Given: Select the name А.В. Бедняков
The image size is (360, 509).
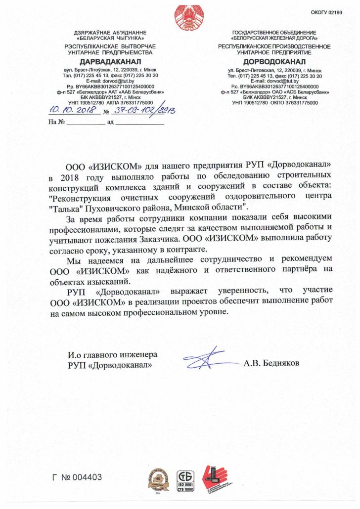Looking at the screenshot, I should (271, 363).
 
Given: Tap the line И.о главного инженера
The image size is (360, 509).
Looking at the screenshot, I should (112, 354).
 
